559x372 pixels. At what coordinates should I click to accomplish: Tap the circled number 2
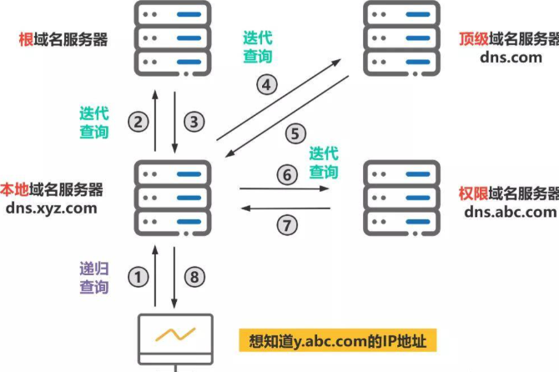click(139, 122)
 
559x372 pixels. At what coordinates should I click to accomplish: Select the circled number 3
click(195, 122)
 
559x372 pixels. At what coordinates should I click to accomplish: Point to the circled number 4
click(266, 84)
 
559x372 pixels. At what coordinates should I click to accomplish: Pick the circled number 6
click(286, 174)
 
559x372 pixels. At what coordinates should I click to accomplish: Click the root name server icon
click(172, 38)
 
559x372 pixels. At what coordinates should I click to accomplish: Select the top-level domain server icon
click(403, 38)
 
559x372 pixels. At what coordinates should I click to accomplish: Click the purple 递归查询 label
click(94, 278)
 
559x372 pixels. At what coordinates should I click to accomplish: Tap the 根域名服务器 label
click(63, 39)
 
